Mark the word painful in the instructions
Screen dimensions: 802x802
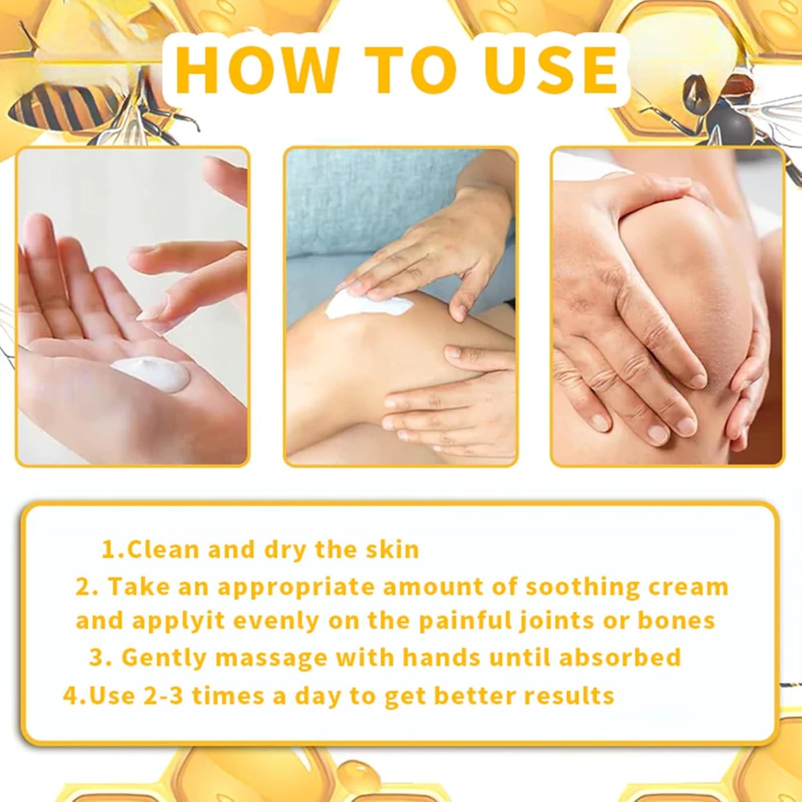465,622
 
